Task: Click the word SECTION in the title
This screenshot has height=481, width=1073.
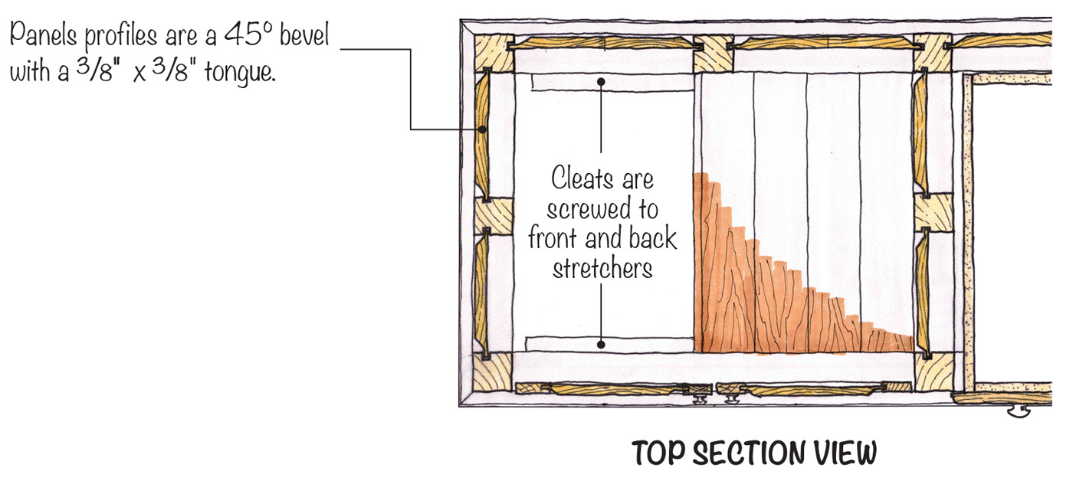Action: (754, 453)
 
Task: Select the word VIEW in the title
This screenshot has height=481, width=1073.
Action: (846, 453)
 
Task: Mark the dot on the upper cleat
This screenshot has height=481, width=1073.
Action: (602, 81)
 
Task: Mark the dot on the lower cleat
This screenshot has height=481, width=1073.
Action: (602, 345)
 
